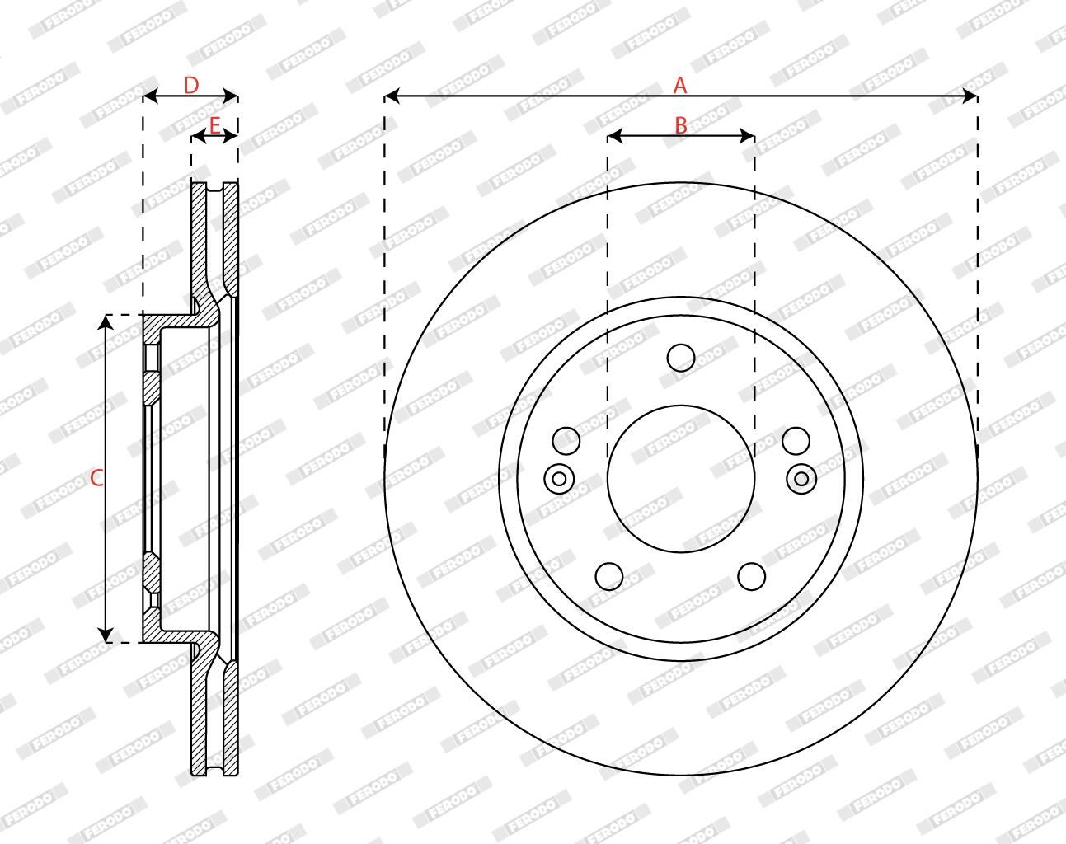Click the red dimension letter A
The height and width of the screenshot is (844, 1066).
(681, 85)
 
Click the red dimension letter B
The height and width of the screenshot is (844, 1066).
(681, 125)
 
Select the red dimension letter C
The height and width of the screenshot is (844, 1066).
(96, 478)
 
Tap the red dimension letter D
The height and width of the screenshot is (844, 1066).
(191, 86)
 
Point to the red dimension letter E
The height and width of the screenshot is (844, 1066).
(214, 126)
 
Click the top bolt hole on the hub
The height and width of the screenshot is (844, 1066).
(681, 358)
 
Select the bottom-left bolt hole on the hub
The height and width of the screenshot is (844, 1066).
(609, 576)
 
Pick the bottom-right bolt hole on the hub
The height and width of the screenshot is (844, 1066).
(751, 576)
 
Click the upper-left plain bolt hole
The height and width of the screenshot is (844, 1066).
(566, 441)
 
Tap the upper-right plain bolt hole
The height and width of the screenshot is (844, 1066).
(796, 441)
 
